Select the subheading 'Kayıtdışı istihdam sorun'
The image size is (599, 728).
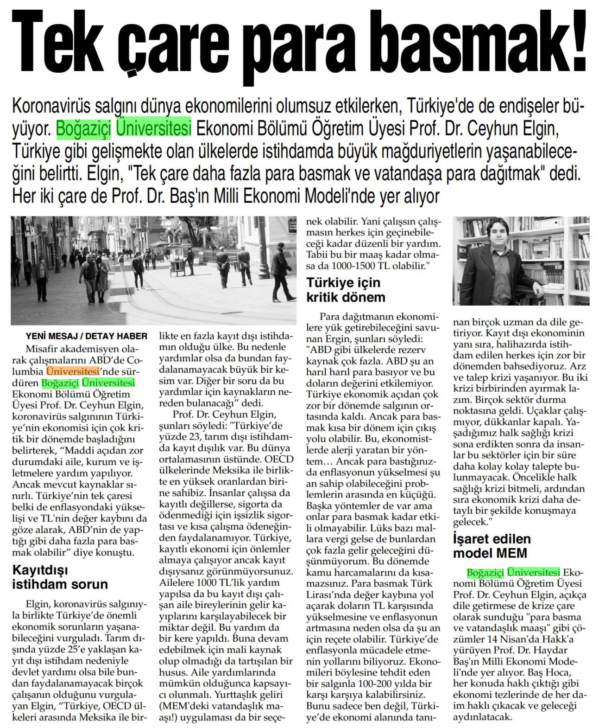click(60, 577)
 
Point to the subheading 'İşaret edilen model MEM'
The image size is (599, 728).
click(492, 546)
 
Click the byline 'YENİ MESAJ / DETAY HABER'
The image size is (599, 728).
click(87, 336)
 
